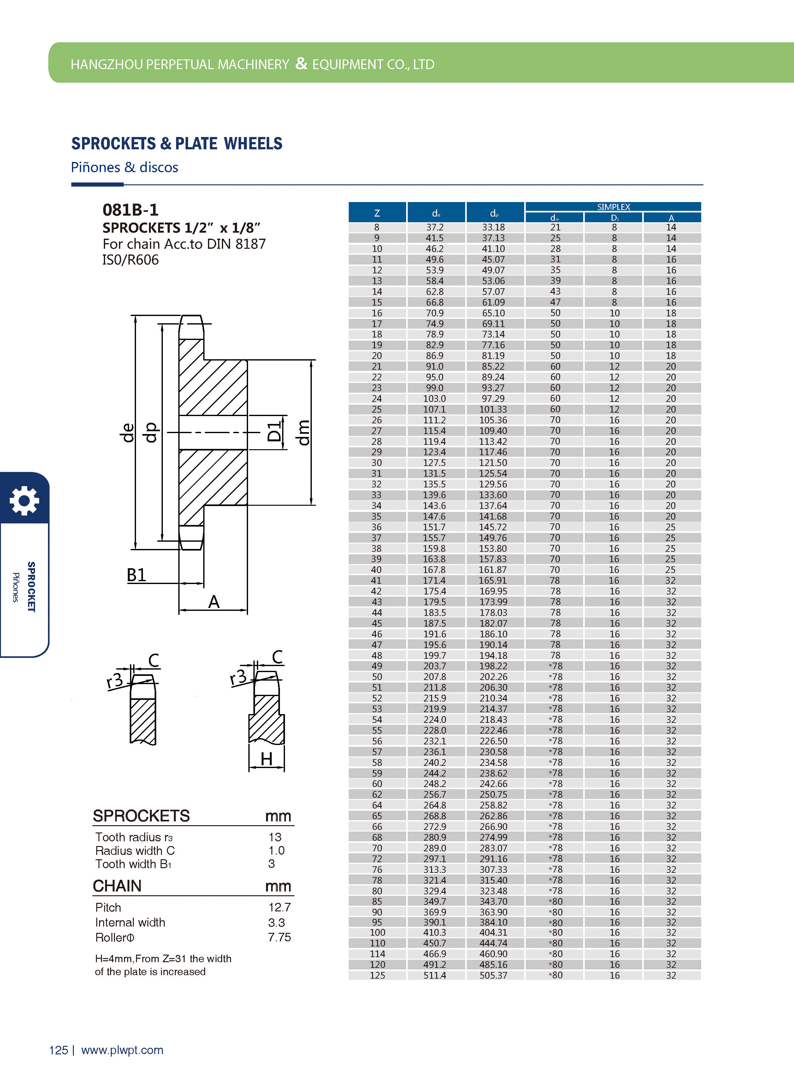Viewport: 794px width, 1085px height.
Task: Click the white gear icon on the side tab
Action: (24, 500)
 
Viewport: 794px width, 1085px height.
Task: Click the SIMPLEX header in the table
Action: (613, 207)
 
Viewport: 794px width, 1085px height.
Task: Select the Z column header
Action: (377, 212)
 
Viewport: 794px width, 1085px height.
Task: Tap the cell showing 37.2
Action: (435, 227)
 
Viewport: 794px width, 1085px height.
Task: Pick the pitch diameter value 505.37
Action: (493, 975)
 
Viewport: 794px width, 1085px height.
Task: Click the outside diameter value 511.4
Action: (435, 975)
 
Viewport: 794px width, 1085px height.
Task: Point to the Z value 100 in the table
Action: (377, 932)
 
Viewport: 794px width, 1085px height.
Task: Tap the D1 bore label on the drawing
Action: (274, 431)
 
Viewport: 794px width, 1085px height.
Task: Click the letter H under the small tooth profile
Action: (266, 759)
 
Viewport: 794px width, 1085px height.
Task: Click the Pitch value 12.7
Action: (279, 907)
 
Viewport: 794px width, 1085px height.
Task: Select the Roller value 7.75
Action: (279, 937)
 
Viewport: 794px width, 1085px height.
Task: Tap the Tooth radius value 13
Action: (275, 837)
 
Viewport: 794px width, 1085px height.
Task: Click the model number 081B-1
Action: (130, 210)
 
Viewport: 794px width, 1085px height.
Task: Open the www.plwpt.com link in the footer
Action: (122, 1050)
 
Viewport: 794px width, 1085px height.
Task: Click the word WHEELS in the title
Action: (253, 143)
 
